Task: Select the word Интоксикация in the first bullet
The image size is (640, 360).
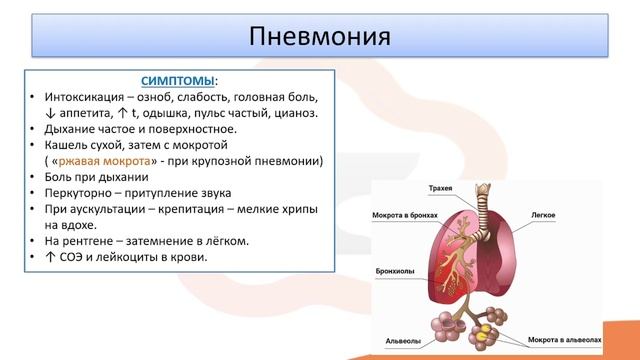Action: pos(86,97)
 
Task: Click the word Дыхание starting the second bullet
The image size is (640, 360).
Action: pos(72,129)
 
